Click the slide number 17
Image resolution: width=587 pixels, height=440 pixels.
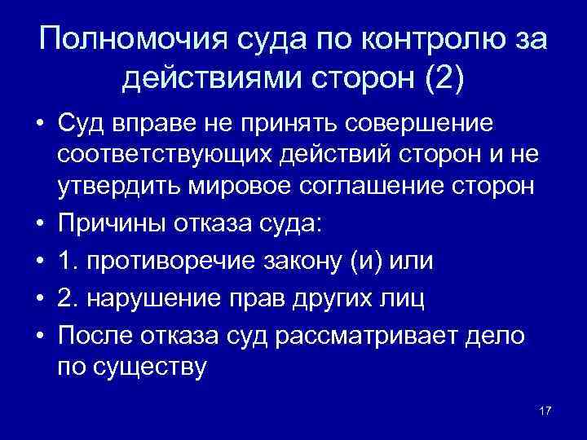(545, 409)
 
